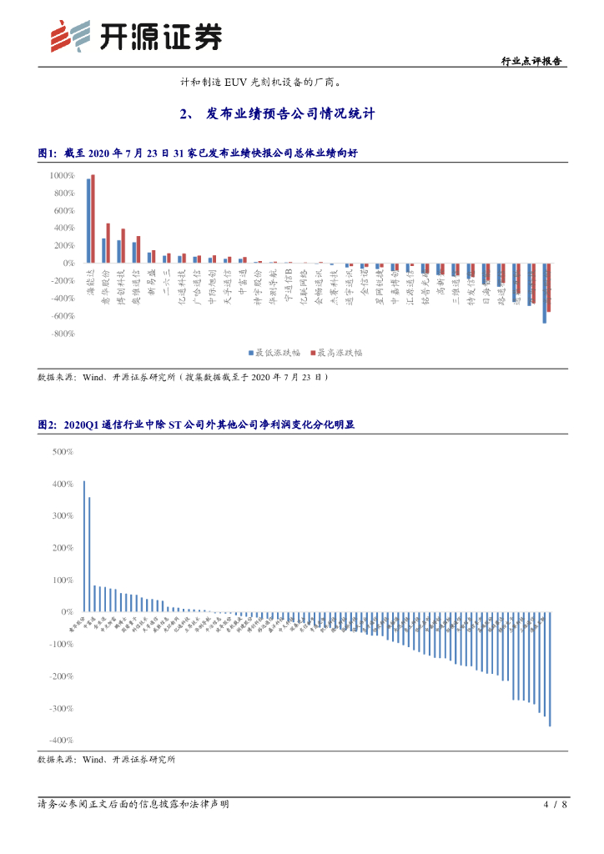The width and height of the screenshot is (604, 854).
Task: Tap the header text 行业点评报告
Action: [x=531, y=62]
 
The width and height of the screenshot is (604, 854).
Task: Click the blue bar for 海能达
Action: [x=88, y=221]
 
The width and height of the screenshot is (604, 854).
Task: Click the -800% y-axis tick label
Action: [x=63, y=334]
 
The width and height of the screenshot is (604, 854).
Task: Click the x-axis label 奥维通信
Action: [x=137, y=284]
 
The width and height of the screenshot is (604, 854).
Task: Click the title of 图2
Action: [x=196, y=424]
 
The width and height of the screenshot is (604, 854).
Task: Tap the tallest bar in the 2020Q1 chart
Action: [x=83, y=546]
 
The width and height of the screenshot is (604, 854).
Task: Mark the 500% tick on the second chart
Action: [x=63, y=452]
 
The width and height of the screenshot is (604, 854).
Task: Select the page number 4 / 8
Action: [x=555, y=805]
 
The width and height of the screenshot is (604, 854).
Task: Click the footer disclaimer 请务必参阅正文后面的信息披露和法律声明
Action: [x=133, y=805]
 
